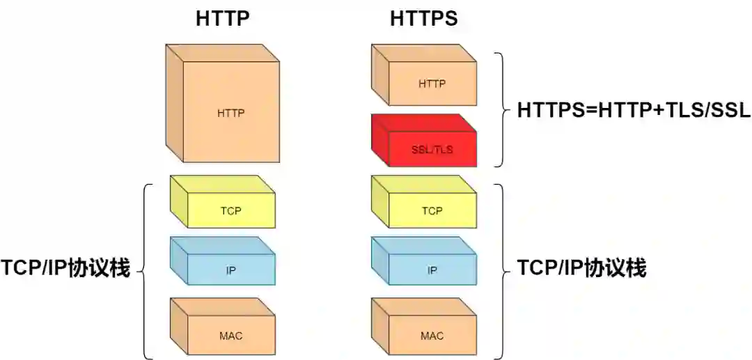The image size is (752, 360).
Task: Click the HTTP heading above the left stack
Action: click(222, 19)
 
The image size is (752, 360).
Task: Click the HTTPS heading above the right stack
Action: click(423, 19)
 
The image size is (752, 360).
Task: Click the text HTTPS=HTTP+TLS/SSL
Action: click(634, 111)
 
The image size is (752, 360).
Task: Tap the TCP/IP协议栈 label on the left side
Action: click(65, 269)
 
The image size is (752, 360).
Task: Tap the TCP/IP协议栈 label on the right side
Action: click(581, 268)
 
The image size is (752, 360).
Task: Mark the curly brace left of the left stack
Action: click(145, 271)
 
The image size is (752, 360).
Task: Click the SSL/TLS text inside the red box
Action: click(432, 150)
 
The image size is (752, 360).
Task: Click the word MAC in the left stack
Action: click(230, 336)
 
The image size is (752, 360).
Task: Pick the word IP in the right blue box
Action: click(432, 270)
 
